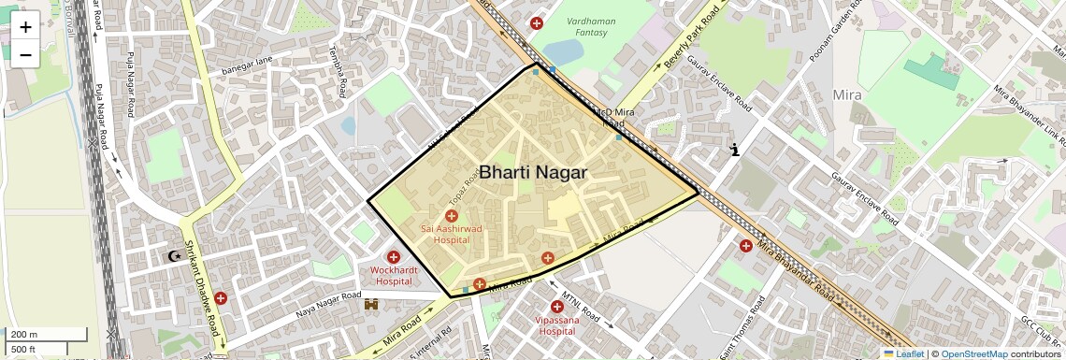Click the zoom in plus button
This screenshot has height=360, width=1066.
(25, 26)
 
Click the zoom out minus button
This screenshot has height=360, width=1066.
(25, 54)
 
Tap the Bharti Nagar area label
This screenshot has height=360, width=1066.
(532, 173)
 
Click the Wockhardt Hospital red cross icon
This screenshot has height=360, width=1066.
(394, 256)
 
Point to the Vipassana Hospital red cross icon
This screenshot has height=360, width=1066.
(557, 306)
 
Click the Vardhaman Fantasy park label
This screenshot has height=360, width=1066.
(592, 26)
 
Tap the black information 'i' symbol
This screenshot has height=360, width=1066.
(735, 149)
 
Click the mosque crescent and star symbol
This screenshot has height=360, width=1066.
(173, 255)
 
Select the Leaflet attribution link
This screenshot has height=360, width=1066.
(903, 353)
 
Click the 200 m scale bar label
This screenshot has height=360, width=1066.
(24, 335)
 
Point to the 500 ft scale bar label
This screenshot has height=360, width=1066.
(24, 349)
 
